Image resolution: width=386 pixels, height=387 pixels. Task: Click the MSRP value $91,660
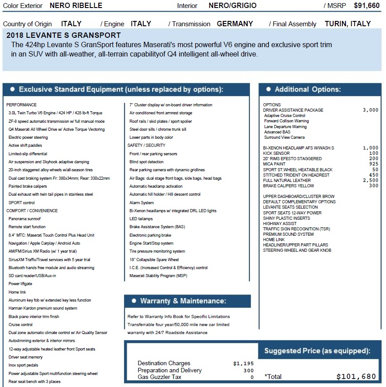[366, 6]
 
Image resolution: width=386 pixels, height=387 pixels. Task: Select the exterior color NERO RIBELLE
[76, 6]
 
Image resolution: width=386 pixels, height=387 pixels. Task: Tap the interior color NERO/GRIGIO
[232, 6]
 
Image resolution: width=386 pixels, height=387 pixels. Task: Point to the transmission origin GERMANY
[235, 24]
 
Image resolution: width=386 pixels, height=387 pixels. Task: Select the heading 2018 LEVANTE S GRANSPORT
[64, 35]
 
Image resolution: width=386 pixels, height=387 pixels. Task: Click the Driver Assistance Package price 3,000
[370, 110]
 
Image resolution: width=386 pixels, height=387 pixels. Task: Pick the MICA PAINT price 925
[374, 164]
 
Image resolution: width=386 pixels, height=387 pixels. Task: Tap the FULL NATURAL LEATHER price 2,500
[370, 180]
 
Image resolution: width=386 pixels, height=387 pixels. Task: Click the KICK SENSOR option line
[277, 153]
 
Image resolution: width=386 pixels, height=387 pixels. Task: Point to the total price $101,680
[356, 376]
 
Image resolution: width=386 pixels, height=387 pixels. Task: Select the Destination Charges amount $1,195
[243, 363]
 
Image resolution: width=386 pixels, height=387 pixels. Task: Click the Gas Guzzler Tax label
[159, 377]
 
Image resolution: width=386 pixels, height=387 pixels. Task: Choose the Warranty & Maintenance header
[183, 301]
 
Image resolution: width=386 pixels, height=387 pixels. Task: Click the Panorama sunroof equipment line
[24, 219]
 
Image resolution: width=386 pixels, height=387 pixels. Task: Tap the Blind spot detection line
[146, 162]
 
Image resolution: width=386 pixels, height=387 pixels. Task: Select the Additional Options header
[307, 89]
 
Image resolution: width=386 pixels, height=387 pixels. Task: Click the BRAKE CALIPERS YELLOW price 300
[374, 186]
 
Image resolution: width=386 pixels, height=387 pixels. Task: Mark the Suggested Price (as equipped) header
[317, 351]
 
